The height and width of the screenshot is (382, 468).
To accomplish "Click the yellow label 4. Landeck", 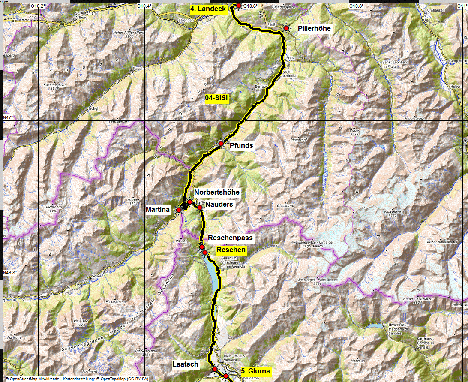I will pyautogui.click(x=209, y=9).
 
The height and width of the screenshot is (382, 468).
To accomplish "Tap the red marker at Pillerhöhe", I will pyautogui.click(x=286, y=28).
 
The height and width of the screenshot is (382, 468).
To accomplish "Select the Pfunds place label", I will pyautogui.click(x=241, y=146).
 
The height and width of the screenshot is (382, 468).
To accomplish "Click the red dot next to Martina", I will pyautogui.click(x=178, y=210).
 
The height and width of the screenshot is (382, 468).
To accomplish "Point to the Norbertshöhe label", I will pyautogui.click(x=216, y=192).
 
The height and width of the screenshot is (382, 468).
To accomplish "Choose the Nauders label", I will pyautogui.click(x=219, y=205).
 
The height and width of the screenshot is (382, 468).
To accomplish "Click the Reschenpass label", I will pyautogui.click(x=230, y=238).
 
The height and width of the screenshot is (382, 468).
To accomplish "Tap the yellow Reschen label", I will pyautogui.click(x=231, y=250).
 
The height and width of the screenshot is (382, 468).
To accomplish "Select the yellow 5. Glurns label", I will pyautogui.click(x=255, y=371).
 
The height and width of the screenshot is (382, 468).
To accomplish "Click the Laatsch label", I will pyautogui.click(x=185, y=364).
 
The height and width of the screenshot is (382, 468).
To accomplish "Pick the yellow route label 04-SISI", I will pyautogui.click(x=217, y=98).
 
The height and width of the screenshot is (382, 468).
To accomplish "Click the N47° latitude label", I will pyautogui.click(x=9, y=117).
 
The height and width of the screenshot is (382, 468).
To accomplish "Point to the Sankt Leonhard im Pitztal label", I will pyautogui.click(x=395, y=64).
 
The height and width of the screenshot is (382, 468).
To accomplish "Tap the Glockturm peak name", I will pyautogui.click(x=286, y=205).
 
